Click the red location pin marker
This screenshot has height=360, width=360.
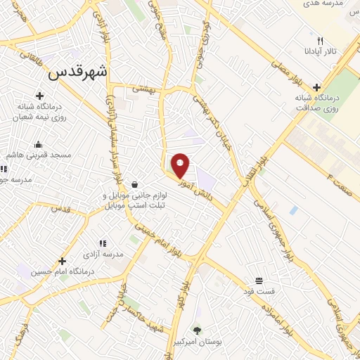click(x=181, y=165)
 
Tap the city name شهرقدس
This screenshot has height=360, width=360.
click(x=79, y=72)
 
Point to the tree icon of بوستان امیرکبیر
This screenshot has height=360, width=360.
click(x=197, y=330)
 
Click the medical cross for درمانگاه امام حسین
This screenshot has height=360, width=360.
click(x=62, y=261)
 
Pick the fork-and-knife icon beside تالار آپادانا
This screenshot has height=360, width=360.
click(x=320, y=41)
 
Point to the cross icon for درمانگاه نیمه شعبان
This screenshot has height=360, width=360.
click(x=39, y=96)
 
